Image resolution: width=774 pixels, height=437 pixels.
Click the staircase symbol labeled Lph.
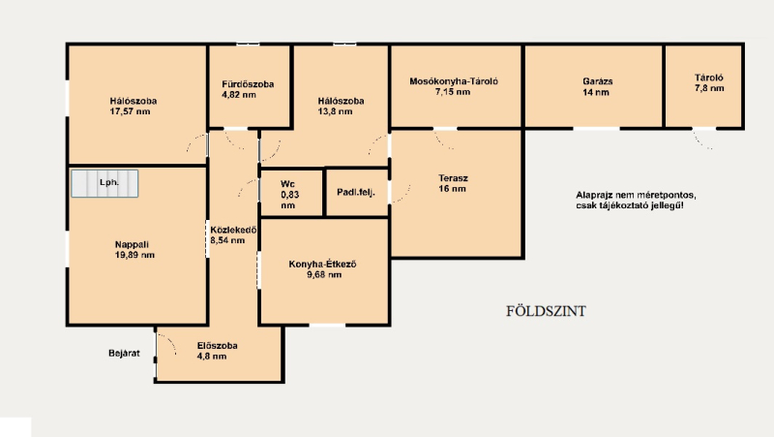click(x=104, y=183)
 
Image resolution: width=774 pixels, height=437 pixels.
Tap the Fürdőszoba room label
click(x=248, y=84)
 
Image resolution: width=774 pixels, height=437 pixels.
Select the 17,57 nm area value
click(x=130, y=111)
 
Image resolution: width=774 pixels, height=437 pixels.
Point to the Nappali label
click(x=132, y=245)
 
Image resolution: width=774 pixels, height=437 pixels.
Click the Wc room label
click(x=287, y=184)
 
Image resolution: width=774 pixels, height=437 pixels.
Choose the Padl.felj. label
click(x=356, y=192)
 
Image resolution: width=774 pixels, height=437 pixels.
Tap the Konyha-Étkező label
click(x=323, y=265)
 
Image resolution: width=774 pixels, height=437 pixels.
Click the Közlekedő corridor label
click(x=233, y=231)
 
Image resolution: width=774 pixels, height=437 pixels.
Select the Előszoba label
click(x=217, y=346)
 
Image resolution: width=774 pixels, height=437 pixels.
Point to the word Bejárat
click(x=124, y=354)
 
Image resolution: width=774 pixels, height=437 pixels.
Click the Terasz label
click(x=453, y=178)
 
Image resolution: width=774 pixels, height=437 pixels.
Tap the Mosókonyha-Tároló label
click(x=454, y=81)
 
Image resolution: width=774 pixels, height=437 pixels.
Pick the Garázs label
click(x=597, y=81)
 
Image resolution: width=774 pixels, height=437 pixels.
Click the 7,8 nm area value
click(x=709, y=88)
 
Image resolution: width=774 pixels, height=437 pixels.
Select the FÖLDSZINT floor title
click(x=546, y=311)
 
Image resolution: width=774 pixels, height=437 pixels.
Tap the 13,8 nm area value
click(x=335, y=111)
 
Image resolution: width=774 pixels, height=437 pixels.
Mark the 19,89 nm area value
click(x=134, y=256)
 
